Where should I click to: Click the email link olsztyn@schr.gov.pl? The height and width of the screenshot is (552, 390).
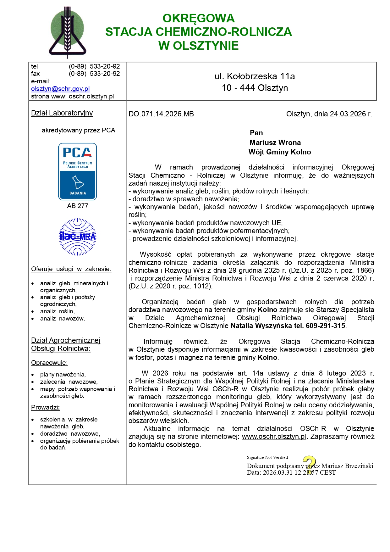tap(60, 89)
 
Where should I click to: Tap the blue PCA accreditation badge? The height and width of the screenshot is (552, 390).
tap(77, 171)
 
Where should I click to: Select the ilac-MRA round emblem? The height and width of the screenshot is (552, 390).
tap(78, 237)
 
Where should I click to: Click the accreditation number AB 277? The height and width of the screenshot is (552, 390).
tap(78, 206)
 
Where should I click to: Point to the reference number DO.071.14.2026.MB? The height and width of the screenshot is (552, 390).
tap(161, 114)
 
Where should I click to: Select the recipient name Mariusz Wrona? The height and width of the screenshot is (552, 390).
tap(275, 142)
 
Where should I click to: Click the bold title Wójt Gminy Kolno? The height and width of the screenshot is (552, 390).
tap(280, 152)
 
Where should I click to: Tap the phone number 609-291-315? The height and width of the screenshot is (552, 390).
tap(325, 326)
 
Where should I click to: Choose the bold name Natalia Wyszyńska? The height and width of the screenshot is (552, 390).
tap(261, 326)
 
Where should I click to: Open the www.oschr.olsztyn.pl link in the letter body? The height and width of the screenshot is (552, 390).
tap(274, 437)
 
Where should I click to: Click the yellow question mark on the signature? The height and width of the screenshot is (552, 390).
tap(310, 464)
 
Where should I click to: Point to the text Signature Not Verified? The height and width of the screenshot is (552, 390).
tap(267, 457)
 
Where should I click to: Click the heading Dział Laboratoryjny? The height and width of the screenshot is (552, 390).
tap(62, 113)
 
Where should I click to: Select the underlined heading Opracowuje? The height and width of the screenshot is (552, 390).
tap(49, 363)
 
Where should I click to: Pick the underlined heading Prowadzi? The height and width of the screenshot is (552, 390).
tap(45, 407)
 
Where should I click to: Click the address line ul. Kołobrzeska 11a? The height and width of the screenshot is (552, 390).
tap(255, 76)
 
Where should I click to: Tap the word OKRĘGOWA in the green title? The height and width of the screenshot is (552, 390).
tap(198, 18)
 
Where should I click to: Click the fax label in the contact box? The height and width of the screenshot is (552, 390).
tap(35, 74)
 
